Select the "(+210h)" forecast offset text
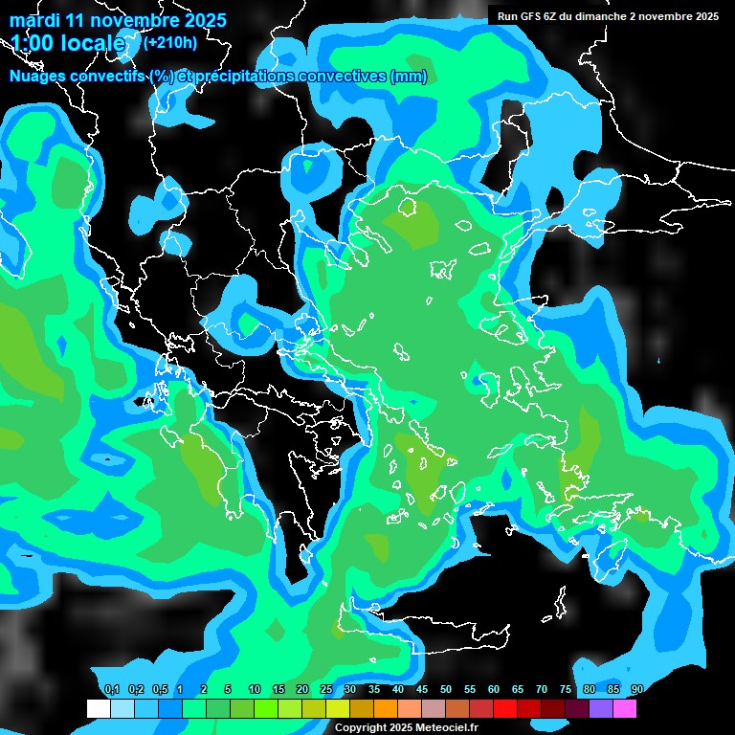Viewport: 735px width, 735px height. pyautogui.click(x=169, y=42)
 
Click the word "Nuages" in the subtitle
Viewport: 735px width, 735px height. pyautogui.click(x=38, y=77)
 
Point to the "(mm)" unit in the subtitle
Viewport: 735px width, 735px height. pyautogui.click(x=409, y=77)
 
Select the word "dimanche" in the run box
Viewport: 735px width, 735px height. pyautogui.click(x=599, y=16)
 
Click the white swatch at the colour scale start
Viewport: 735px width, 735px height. pyautogui.click(x=99, y=708)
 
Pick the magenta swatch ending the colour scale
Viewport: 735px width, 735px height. pyautogui.click(x=625, y=708)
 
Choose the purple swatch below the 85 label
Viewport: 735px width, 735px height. pyautogui.click(x=601, y=708)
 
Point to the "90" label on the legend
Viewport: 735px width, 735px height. pyautogui.click(x=636, y=690)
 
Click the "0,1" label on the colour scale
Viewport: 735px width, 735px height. pyautogui.click(x=111, y=690)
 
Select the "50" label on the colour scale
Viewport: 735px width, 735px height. pyautogui.click(x=446, y=690)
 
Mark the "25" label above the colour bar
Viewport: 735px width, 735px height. pyautogui.click(x=326, y=690)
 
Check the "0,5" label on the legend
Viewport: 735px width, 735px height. pyautogui.click(x=159, y=690)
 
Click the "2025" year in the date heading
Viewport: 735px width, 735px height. pyautogui.click(x=205, y=20)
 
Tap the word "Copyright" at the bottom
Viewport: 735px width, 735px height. pyautogui.click(x=362, y=728)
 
